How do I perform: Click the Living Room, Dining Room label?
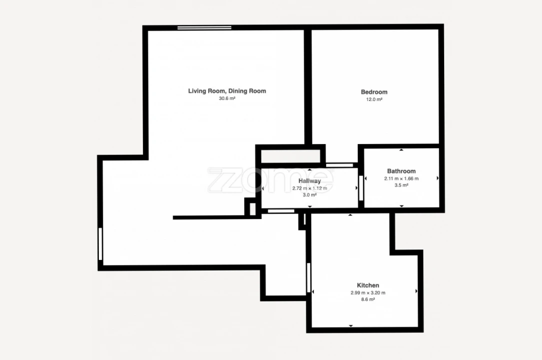point(227,91)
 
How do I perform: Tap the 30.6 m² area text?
point(227,99)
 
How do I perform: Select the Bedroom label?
point(374,92)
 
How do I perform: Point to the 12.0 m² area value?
point(374,99)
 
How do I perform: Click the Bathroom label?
point(401,171)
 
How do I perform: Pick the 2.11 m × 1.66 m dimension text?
point(401,178)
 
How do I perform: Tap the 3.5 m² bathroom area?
point(401,185)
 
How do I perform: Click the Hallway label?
point(310,181)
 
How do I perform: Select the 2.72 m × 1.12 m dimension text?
point(310,188)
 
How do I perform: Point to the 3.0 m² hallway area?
point(310,195)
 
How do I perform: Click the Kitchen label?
point(368,285)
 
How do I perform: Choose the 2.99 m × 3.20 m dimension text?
point(368,293)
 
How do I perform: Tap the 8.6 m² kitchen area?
point(368,300)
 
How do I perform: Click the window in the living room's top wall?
point(204,28)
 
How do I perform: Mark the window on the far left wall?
point(100,243)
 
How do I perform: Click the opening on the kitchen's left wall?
point(309,277)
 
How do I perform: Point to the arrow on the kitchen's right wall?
point(416,291)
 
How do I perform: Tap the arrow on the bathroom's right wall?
point(438,178)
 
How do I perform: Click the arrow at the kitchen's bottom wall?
point(351,326)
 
